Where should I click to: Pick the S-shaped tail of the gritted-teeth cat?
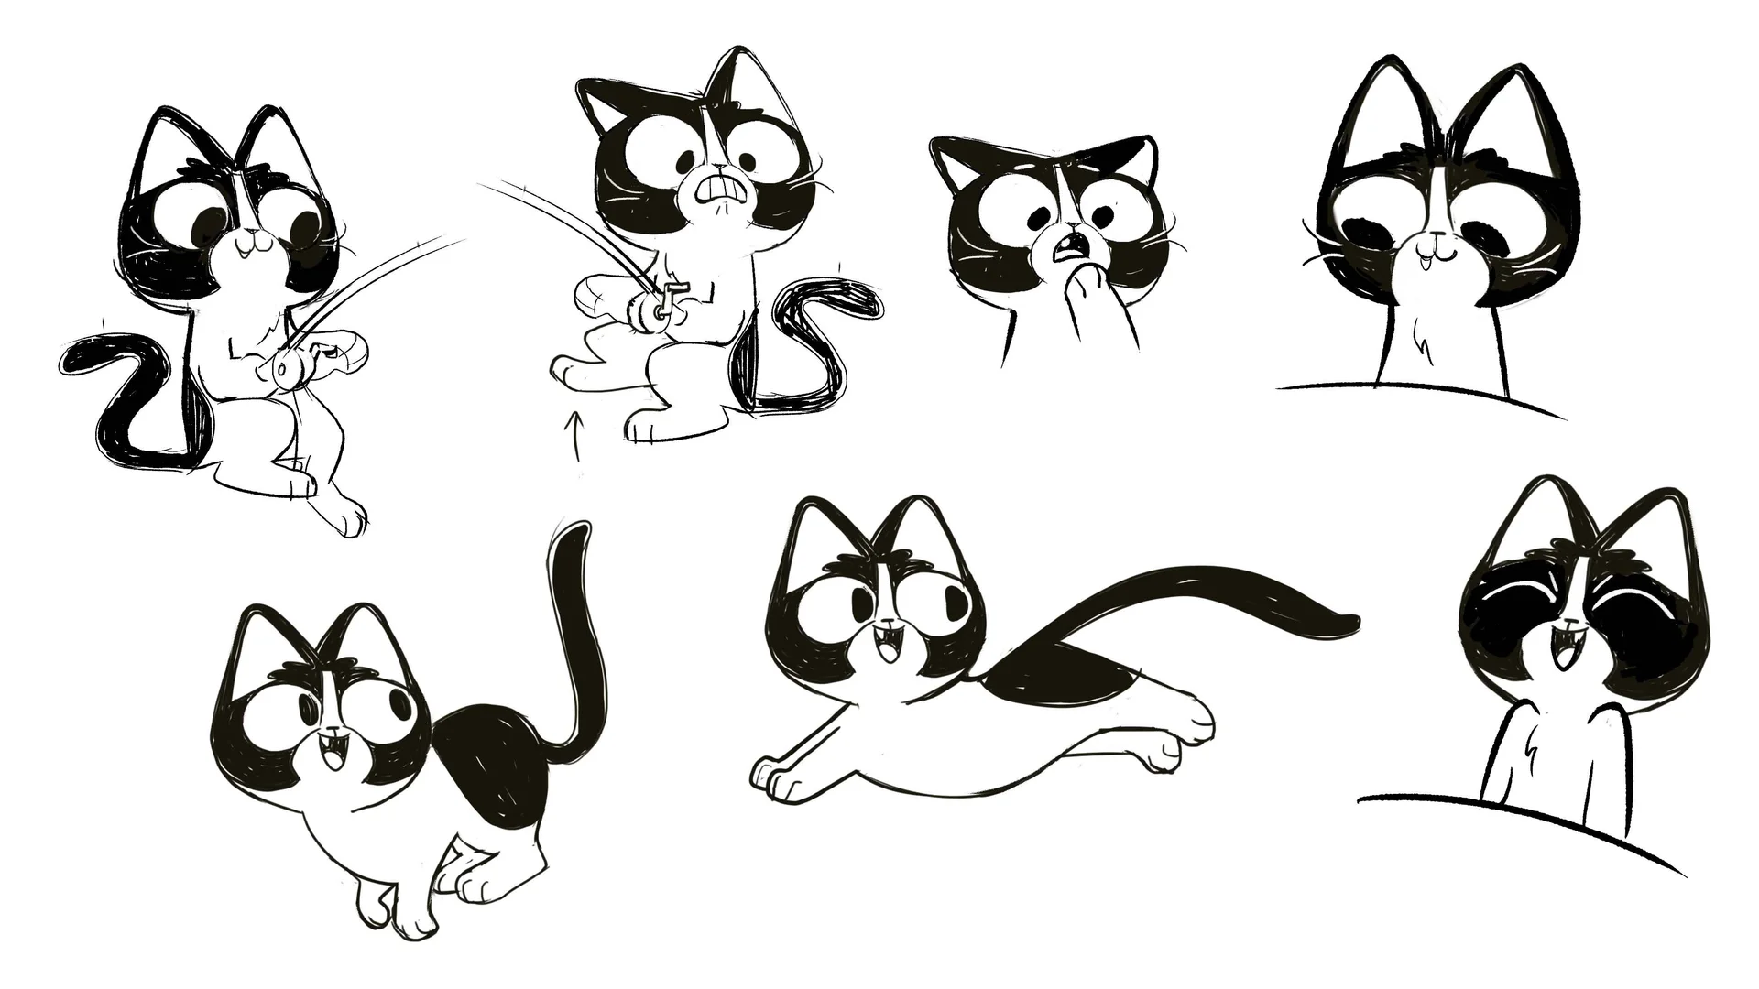tap(806, 339)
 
